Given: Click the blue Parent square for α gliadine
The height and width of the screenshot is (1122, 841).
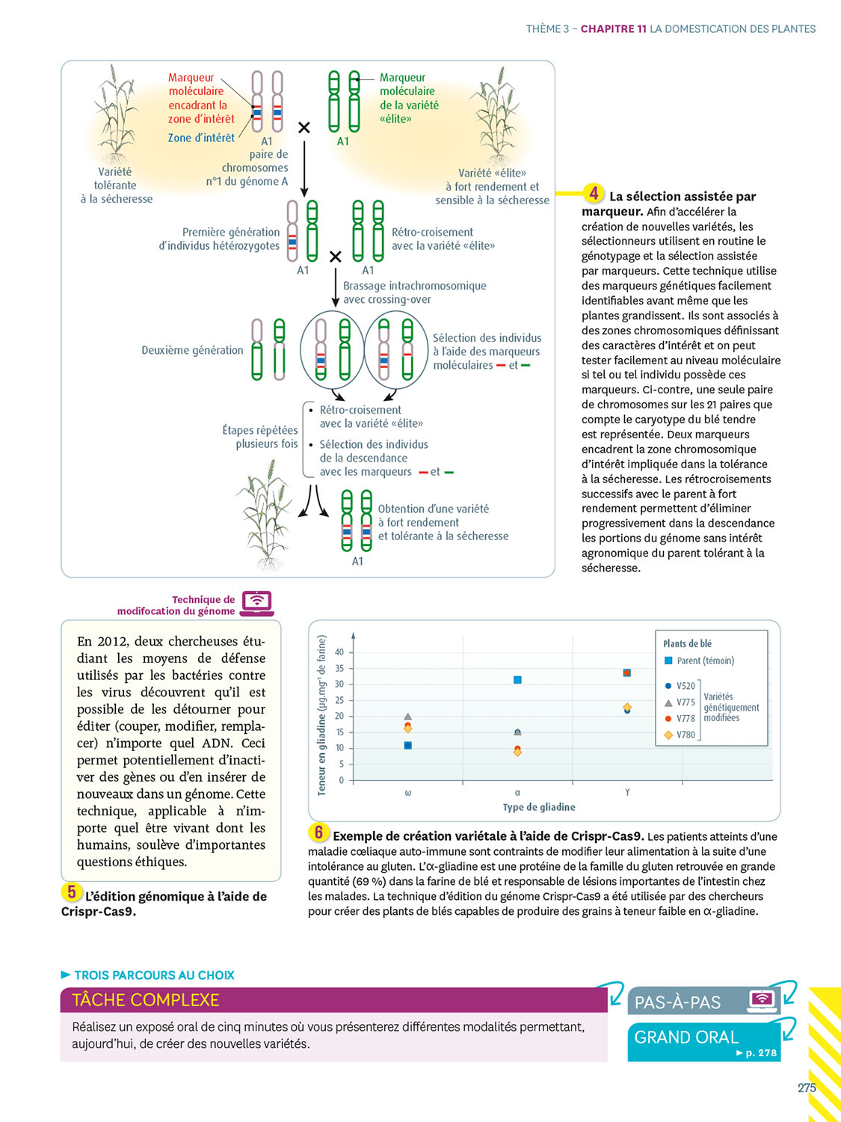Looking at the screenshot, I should coord(517,680).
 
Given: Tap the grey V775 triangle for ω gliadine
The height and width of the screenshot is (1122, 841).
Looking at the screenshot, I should coord(408,717).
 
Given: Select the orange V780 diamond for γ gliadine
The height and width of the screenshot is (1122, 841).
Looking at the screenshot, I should coord(627,707).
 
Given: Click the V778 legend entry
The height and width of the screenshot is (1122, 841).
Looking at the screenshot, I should coord(680,718).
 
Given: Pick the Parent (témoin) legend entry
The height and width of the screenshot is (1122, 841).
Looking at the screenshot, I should coord(699,660).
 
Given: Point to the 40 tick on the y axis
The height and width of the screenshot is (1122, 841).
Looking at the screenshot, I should coord(339,652).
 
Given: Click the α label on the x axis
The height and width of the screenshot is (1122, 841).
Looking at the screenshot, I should coord(517,793).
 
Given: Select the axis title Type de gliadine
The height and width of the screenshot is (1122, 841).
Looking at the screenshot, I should coord(539,807).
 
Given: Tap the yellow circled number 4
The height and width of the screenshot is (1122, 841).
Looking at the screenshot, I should coord(594,194).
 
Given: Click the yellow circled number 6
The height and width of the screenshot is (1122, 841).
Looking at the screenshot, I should coord(318,833).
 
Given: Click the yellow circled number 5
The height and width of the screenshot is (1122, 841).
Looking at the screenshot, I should coord(72,892).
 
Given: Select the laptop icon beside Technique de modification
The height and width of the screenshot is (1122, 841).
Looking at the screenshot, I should coord(257,603).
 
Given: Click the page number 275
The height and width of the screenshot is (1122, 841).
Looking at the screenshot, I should coord(807,1088).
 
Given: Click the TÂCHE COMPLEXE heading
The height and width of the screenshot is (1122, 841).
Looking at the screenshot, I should coord(146,1000).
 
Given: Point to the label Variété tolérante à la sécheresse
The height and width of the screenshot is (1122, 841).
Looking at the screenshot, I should coord(116,186).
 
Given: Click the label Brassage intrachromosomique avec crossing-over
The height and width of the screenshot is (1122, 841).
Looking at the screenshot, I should coord(414,292).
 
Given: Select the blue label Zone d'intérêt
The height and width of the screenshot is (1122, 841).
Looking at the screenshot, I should coord(200,138).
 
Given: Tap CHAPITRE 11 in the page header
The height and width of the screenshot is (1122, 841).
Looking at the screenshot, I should coord(613,29).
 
